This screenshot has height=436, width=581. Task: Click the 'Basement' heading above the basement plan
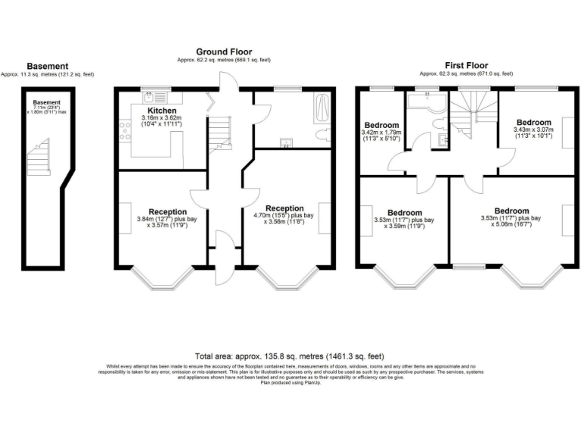pyautogui.click(x=47, y=66)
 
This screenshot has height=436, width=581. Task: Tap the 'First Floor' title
pyautogui.click(x=467, y=66)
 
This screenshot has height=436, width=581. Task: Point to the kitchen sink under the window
pyautogui.click(x=150, y=97)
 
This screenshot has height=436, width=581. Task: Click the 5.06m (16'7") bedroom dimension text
pyautogui.click(x=512, y=222)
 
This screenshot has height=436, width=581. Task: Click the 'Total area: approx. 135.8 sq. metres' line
pyautogui.click(x=290, y=355)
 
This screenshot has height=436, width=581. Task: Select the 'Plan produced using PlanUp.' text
pyautogui.click(x=290, y=382)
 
